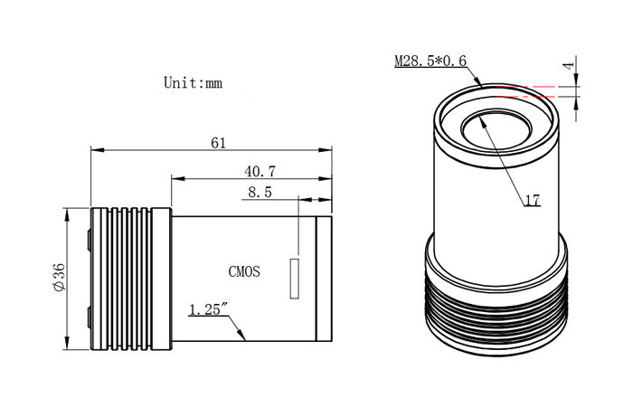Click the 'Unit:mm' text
[193, 82]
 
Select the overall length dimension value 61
[217, 143]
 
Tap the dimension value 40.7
[260, 170]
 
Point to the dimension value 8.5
[259, 192]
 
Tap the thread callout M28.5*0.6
[431, 62]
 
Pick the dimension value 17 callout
[532, 201]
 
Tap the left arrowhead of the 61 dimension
[95, 150]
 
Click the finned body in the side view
[131, 279]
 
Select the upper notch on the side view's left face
[89, 240]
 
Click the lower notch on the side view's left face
[89, 317]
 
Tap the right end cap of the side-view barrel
[325, 279]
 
